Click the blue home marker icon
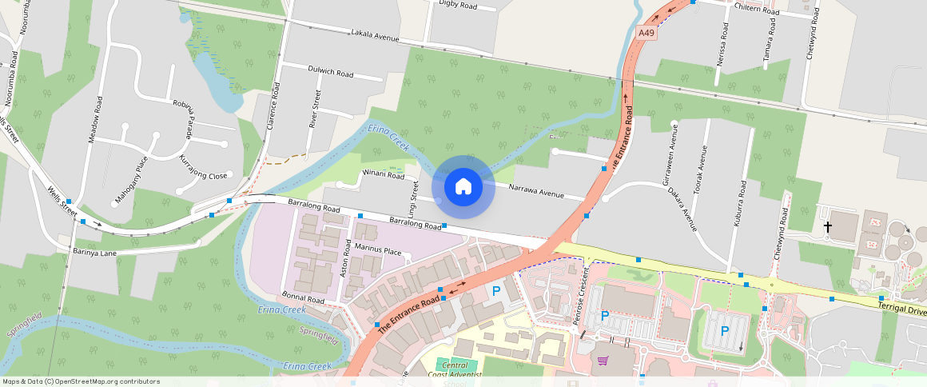463,187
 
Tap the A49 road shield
647,33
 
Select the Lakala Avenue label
374,35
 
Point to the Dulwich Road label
330,72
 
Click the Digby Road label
458,6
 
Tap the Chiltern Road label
757,10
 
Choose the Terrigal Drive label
901,307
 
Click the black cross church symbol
828,228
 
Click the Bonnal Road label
304,298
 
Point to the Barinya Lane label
94,252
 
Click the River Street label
316,110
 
